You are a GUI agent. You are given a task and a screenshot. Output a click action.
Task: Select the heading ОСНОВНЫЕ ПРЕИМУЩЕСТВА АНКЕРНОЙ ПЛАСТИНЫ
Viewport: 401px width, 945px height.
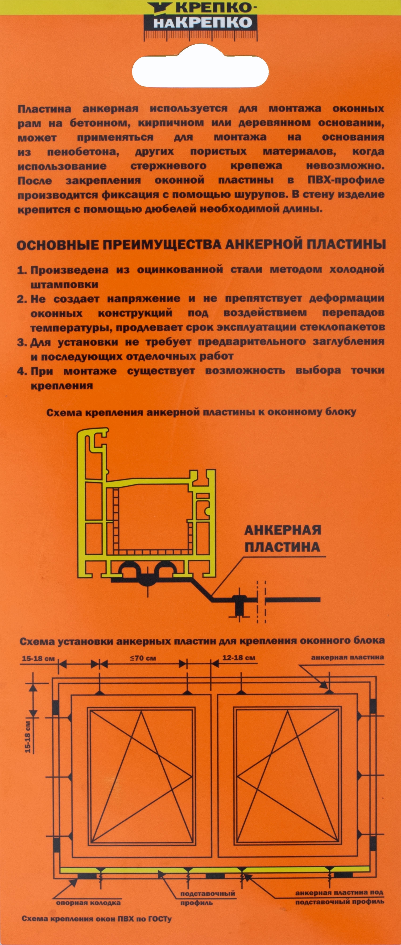201,245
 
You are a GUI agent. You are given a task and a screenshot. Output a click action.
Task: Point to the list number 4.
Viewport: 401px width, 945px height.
22,371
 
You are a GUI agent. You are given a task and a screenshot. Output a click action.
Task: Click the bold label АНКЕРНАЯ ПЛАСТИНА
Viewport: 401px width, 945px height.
282,538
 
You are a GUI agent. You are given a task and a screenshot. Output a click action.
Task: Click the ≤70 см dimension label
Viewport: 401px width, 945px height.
143,658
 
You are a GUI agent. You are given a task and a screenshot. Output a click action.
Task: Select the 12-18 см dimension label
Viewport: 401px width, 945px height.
239,658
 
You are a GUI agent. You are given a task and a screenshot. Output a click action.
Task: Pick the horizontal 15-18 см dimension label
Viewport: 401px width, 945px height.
38,658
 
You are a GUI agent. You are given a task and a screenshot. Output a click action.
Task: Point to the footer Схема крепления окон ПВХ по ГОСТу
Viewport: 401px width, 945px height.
96,919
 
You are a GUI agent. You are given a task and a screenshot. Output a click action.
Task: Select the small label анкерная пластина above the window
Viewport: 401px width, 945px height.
347,657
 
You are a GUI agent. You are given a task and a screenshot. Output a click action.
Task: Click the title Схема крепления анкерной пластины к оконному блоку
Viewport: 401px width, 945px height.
201,412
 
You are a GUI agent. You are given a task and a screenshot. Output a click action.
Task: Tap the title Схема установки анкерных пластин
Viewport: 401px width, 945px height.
202,641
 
